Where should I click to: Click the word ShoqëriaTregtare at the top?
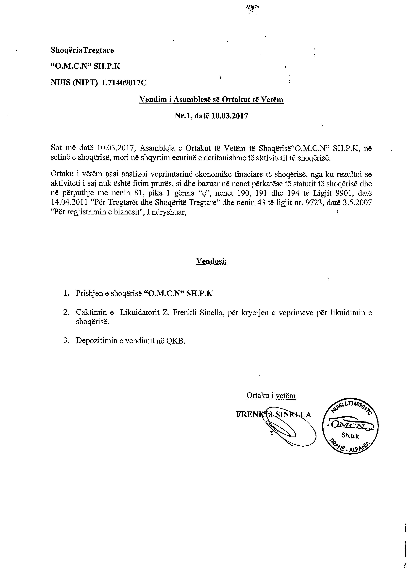click(x=82, y=50)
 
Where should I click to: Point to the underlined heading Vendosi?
click(x=212, y=261)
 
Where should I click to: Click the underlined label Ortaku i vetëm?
click(x=271, y=395)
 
